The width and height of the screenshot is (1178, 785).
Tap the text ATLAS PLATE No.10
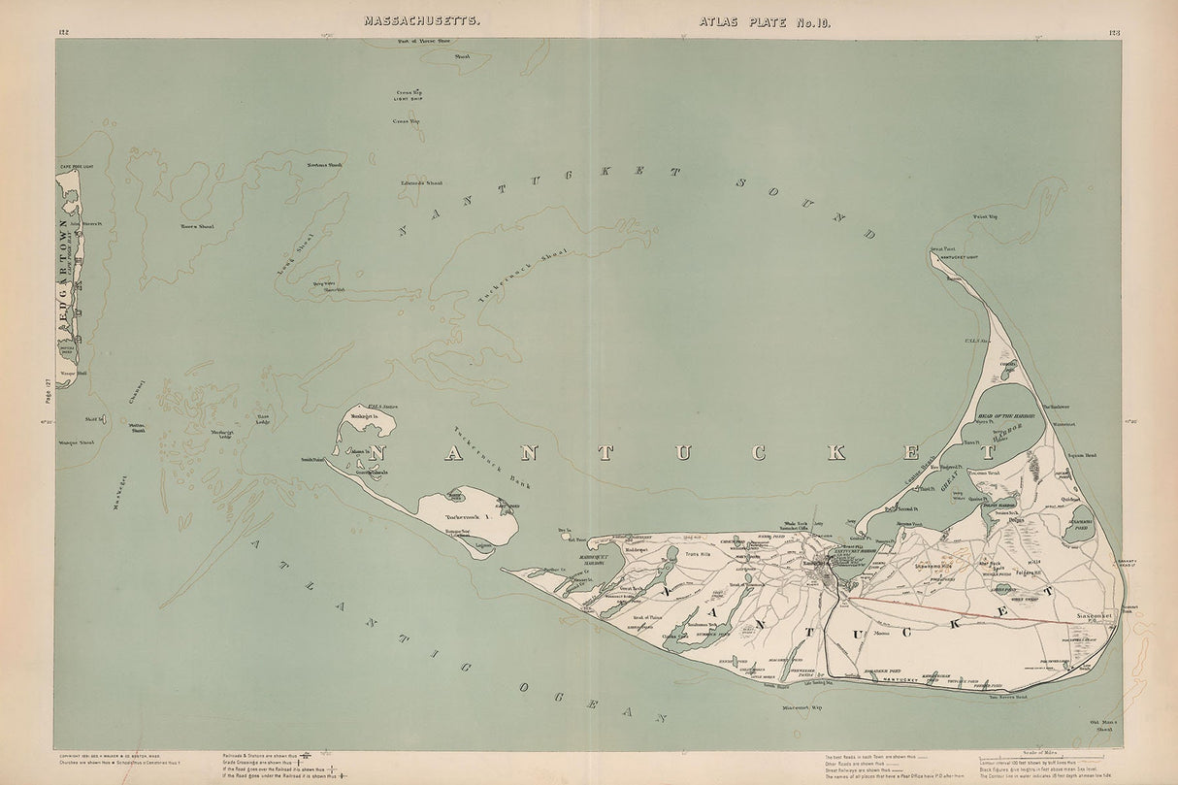(758, 19)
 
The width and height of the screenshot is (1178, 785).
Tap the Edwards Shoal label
(420, 181)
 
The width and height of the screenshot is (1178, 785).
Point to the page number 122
(65, 33)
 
